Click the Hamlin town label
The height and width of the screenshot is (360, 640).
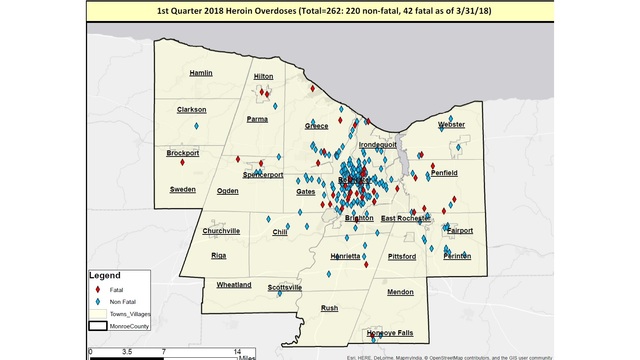(201, 73)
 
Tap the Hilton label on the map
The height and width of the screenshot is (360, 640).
(264, 76)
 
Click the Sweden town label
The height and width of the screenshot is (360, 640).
(183, 189)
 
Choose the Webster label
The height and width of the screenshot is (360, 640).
(451, 124)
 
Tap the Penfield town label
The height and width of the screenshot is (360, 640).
(444, 173)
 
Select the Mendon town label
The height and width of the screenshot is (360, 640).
(400, 292)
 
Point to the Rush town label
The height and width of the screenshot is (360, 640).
(329, 308)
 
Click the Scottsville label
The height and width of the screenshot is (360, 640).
(284, 288)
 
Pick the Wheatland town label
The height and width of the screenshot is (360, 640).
(234, 285)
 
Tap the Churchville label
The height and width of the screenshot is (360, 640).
(221, 231)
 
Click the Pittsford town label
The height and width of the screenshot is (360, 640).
(402, 257)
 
